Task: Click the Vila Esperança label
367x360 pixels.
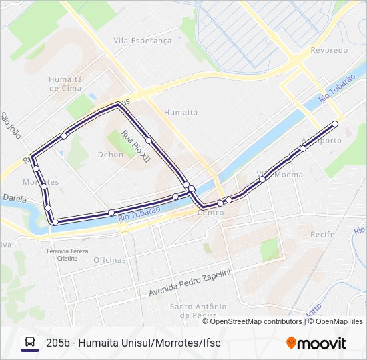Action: (x=142, y=41)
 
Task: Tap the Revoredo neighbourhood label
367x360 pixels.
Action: (x=329, y=50)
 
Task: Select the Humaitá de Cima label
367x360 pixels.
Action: (x=65, y=83)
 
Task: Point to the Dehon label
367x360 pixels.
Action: (x=110, y=154)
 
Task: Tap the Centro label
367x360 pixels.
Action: (x=210, y=212)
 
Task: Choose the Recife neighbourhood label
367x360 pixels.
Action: (x=322, y=235)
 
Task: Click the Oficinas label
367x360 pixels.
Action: (x=109, y=260)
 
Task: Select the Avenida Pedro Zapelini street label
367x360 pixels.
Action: (x=190, y=283)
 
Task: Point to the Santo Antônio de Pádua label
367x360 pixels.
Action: (x=194, y=311)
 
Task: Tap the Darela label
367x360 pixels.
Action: (x=14, y=198)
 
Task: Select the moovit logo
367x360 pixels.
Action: (x=316, y=343)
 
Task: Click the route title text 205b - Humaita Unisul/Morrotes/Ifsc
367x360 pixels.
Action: (x=133, y=343)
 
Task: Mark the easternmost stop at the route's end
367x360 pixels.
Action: (x=335, y=124)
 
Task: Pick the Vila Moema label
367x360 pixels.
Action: (x=280, y=175)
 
